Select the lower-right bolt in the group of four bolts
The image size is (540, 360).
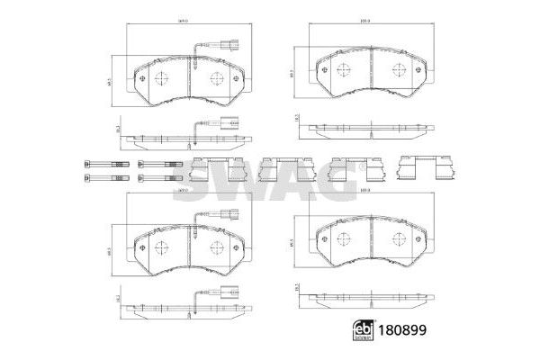coord(157,178)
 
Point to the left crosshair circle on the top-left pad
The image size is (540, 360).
coord(159,77)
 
